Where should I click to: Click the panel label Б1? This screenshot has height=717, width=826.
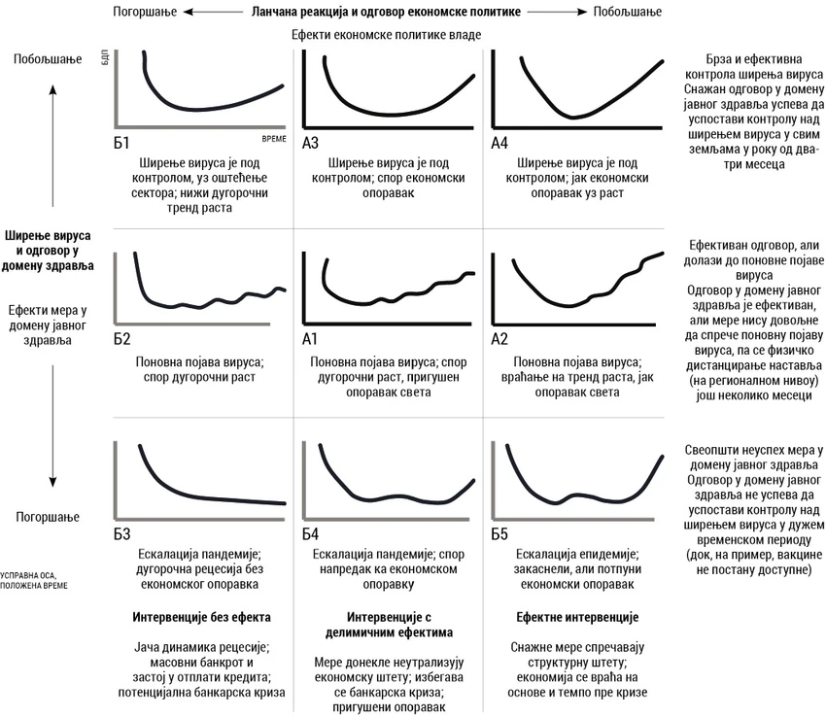point(121,143)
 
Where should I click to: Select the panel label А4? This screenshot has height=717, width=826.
point(499,143)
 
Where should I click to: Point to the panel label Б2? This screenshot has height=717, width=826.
point(121,339)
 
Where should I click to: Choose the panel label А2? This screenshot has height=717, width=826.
point(499,339)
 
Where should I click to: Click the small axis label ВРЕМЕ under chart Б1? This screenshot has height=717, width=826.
point(274,140)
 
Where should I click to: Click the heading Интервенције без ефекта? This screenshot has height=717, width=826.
point(201,617)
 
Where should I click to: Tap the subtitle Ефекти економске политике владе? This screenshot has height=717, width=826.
point(386,35)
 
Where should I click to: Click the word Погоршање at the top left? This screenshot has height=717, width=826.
point(143,13)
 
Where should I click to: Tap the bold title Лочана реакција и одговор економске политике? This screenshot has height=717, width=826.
point(386,13)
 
